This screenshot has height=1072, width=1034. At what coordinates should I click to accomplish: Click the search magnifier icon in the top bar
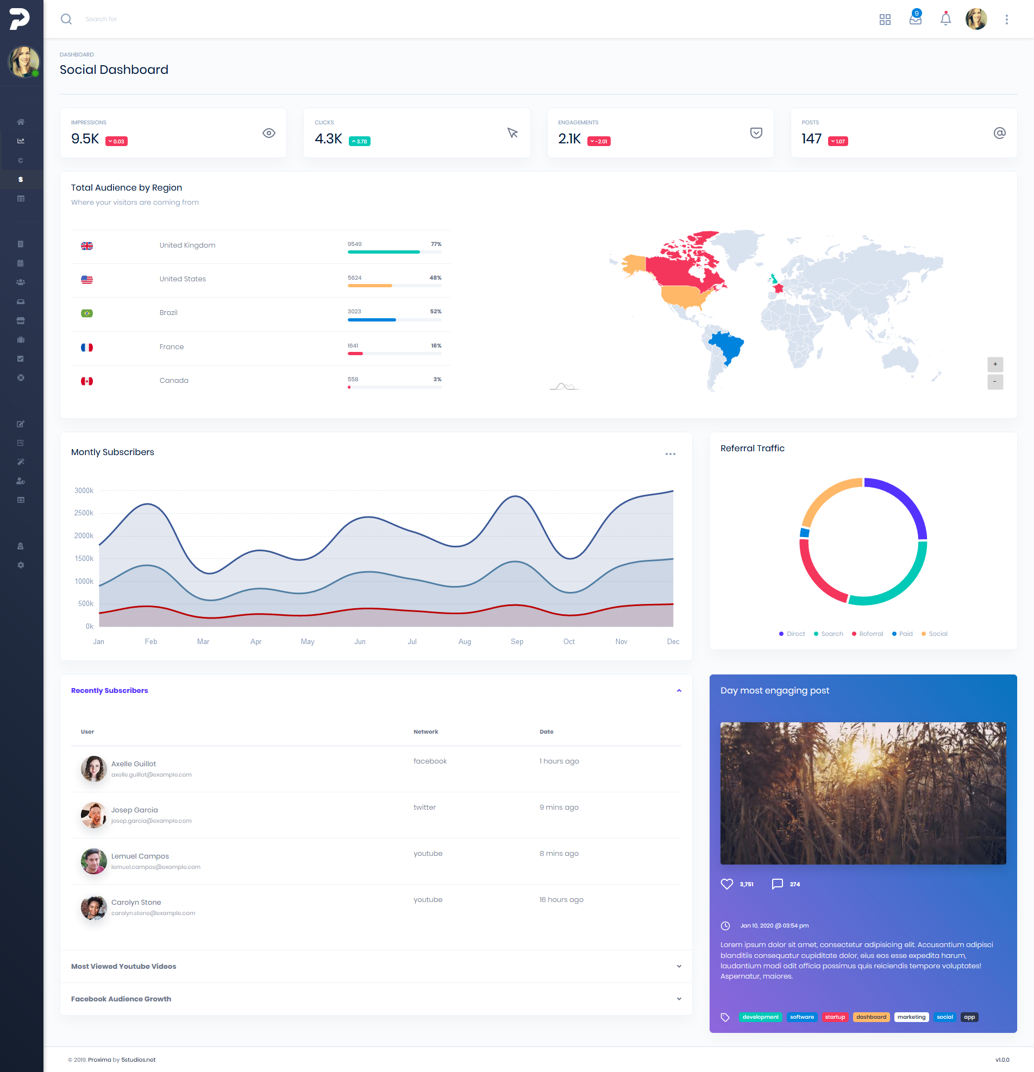point(66,19)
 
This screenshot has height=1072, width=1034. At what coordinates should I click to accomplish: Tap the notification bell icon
point(945,19)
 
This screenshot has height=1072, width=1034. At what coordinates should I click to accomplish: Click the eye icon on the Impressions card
point(268,133)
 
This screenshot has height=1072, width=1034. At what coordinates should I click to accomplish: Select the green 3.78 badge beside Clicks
point(360,141)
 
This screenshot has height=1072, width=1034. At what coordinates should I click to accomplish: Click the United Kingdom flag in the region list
point(87,246)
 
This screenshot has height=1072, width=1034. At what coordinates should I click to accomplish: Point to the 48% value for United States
point(435,278)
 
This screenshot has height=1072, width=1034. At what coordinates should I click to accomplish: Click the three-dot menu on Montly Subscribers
point(670,454)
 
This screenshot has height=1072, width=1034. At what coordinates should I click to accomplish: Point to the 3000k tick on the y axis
point(84,490)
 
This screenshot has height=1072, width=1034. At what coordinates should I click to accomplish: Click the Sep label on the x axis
point(516,641)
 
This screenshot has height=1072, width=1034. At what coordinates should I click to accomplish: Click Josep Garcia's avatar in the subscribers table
point(93,815)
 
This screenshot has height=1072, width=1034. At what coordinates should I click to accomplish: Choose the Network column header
point(425,732)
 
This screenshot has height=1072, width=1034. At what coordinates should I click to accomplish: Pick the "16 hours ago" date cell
point(561,900)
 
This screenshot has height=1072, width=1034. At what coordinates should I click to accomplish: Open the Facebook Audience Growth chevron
point(679,999)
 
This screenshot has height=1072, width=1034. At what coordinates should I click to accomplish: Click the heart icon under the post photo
point(726,884)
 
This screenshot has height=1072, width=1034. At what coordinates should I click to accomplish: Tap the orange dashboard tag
point(871,1017)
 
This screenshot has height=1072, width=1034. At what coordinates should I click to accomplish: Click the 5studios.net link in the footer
point(139,1060)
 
